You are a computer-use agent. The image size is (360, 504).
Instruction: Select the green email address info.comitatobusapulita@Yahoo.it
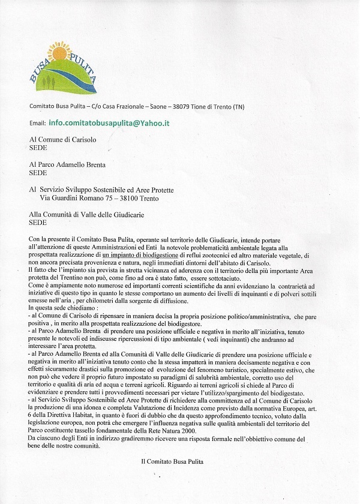109,122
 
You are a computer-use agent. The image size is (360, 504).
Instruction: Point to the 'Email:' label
38,123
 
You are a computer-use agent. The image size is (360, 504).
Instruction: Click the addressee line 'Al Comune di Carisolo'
63,139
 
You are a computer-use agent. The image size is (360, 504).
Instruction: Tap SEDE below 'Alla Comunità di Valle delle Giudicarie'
38,222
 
